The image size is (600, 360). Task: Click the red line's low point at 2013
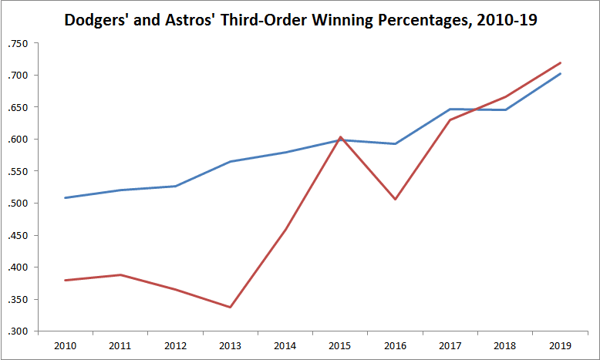231,307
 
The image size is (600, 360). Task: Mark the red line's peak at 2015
341,137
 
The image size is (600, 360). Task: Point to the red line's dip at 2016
396,200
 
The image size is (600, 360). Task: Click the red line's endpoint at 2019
561,62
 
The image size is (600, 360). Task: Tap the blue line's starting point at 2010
66,198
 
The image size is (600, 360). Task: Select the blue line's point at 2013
231,162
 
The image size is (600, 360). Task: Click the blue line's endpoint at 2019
561,74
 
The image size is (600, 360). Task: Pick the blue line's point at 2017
450,109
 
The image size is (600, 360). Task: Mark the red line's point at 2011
120,274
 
